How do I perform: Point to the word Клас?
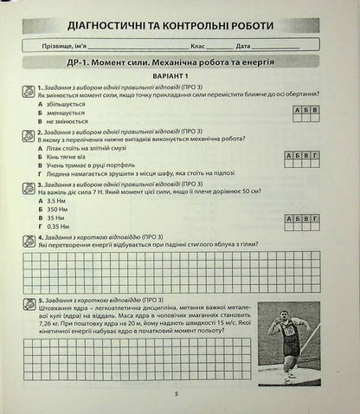tap(199, 45)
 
